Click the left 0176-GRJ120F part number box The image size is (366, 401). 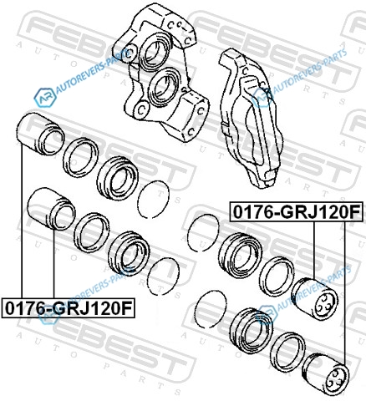69,307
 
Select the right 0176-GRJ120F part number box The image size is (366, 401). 297,211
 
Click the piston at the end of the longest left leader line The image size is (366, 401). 40,135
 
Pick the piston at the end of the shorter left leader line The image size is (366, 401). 52,209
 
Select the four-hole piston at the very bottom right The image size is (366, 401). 325,372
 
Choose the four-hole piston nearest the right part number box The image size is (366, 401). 315,298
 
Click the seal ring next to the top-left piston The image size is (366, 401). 81,157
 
